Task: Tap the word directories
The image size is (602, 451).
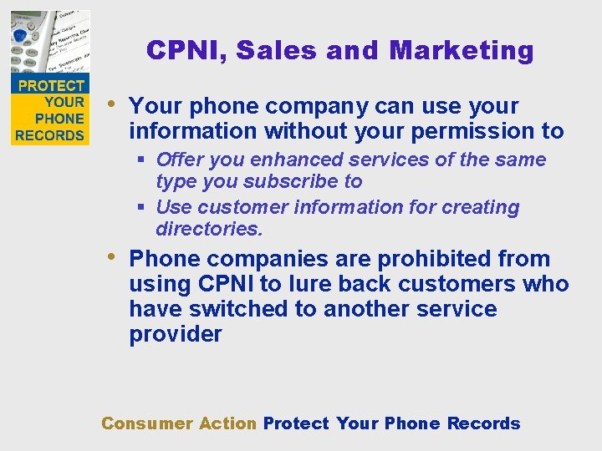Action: [209, 228]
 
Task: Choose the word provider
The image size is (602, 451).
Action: [176, 334]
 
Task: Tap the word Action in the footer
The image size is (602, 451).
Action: [227, 423]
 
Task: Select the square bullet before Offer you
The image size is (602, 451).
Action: [141, 160]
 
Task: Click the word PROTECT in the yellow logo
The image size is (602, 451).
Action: [51, 85]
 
